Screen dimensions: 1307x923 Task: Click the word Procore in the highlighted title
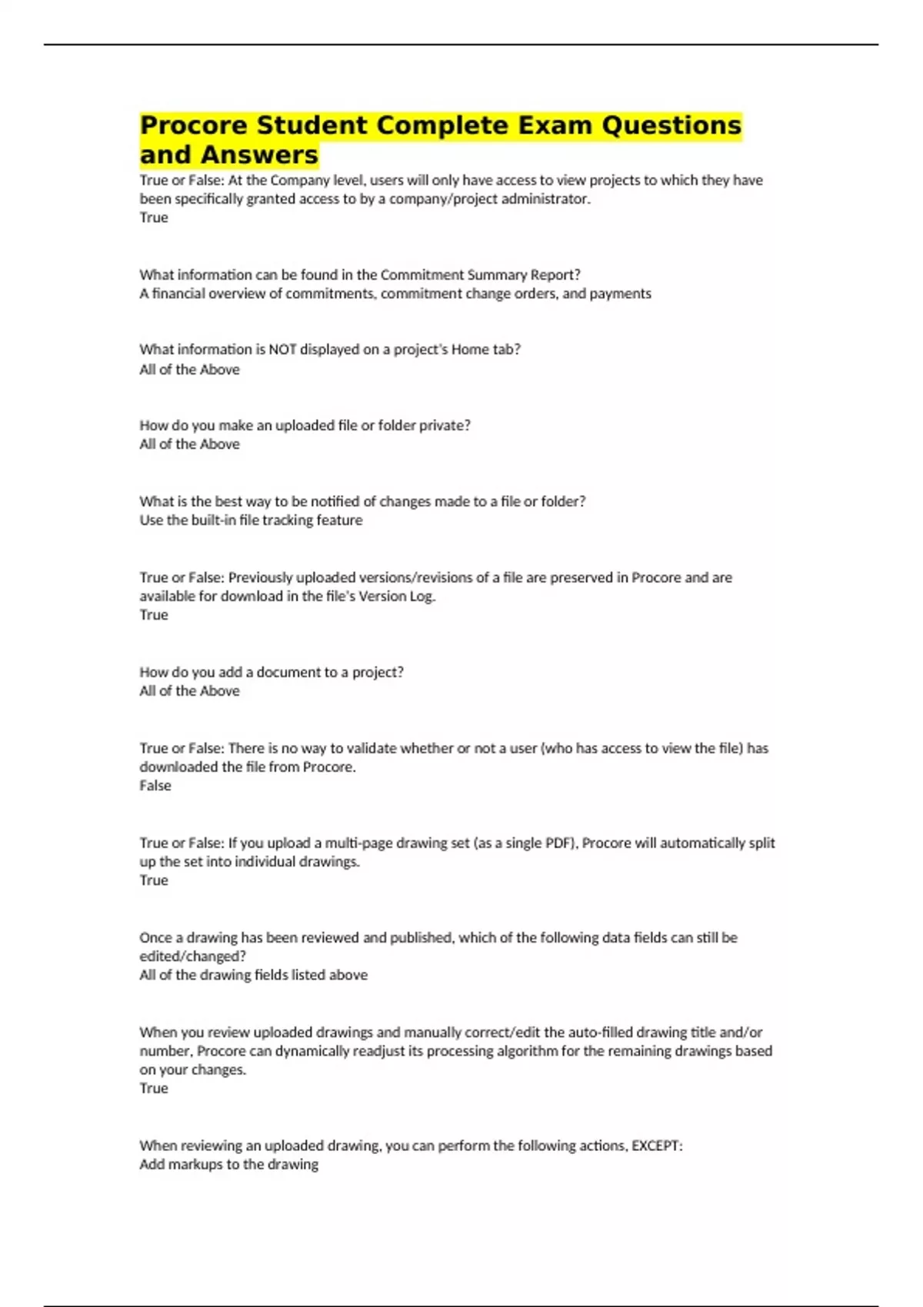coord(193,125)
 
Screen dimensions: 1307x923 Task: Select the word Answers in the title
coord(259,155)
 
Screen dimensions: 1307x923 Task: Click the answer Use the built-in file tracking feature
coord(251,520)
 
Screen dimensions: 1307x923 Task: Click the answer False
coord(155,786)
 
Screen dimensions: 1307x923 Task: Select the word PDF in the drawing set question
coord(559,843)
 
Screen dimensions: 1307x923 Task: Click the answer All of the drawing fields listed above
coord(253,975)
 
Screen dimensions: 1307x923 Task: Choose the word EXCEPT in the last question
coord(656,1146)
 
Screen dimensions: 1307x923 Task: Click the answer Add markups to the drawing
coord(228,1165)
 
